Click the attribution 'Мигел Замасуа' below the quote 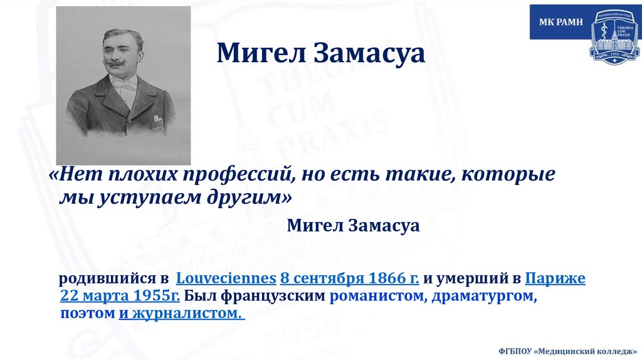[x=353, y=226]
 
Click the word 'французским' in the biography [x=277, y=296]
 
